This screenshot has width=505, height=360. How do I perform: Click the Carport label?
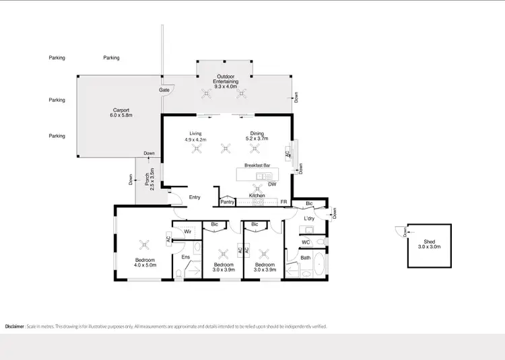(x=121, y=110)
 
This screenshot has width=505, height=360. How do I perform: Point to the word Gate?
(x=164, y=89)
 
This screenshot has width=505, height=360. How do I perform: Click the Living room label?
(x=196, y=133)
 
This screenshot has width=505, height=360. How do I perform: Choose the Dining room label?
(x=257, y=133)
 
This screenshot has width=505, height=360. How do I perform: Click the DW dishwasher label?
(x=272, y=184)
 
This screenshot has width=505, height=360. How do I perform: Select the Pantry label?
(x=227, y=201)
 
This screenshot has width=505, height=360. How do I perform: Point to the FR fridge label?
(x=284, y=201)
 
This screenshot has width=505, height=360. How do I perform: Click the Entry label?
(x=195, y=197)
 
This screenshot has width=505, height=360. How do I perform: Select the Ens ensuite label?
(x=186, y=256)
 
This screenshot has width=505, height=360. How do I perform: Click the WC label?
(x=306, y=242)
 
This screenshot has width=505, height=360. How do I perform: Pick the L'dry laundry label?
(x=310, y=219)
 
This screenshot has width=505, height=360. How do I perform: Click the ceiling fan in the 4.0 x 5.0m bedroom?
(x=143, y=244)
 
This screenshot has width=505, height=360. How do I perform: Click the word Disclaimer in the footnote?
(x=15, y=326)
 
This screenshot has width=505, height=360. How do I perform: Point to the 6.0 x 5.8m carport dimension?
(x=121, y=116)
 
